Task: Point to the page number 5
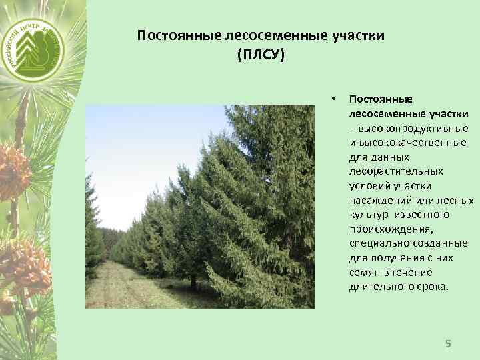pos(448,343)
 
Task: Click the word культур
pos(369,215)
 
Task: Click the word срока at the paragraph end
pos(432,287)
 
